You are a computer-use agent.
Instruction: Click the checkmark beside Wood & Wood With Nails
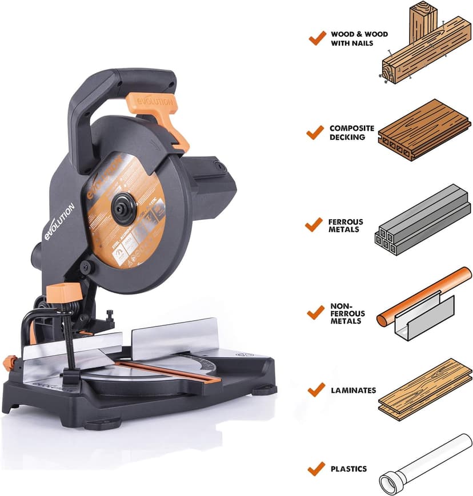pos(316,39)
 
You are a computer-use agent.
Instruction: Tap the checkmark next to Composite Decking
pos(315,132)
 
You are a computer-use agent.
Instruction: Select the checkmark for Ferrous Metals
pos(314,225)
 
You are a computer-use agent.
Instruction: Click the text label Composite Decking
pos(352,132)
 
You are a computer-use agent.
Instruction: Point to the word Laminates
pos(353,390)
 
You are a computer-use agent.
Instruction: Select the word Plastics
pos(348,469)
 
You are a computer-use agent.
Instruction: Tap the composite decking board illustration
pos(423,130)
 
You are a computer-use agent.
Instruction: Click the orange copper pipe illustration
pos(423,297)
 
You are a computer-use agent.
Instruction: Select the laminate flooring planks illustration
pos(425,390)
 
